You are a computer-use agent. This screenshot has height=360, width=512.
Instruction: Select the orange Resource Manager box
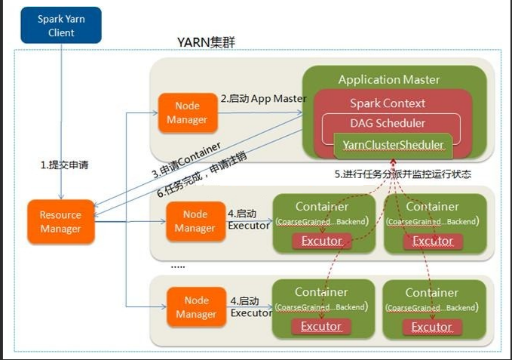[61, 222]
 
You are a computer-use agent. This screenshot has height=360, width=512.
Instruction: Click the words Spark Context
[388, 103]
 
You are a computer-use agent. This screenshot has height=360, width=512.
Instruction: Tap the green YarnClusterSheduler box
[393, 143]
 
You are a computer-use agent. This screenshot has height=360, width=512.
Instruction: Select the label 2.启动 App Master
[263, 99]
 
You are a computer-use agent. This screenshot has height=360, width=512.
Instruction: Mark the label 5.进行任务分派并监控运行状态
[402, 173]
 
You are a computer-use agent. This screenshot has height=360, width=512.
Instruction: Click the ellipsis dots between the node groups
[178, 266]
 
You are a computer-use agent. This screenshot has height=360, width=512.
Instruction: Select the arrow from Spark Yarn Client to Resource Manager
[61, 121]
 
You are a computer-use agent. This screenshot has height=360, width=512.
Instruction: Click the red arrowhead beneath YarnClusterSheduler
[393, 162]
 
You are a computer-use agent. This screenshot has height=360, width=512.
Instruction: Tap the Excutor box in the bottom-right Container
[432, 327]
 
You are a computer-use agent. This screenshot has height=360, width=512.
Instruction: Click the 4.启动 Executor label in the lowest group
[250, 306]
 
